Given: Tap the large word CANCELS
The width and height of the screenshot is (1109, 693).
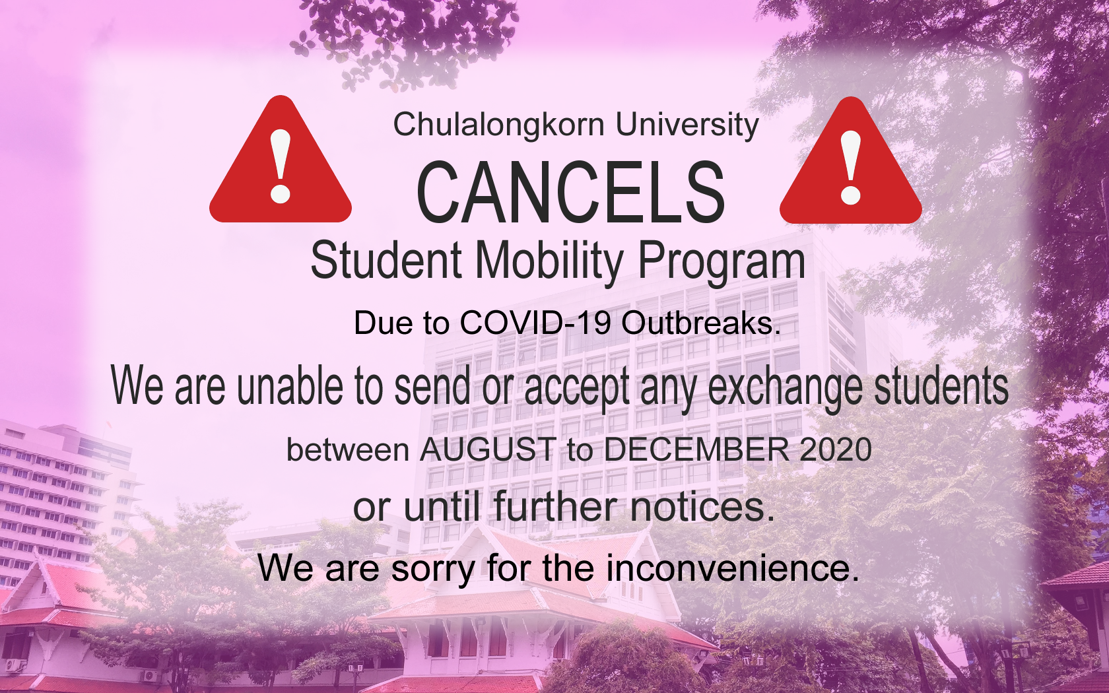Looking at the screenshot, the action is tap(571, 193).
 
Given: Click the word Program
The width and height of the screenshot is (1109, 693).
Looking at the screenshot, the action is tap(722, 263).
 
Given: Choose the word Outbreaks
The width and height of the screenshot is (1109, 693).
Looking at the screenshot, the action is tap(698, 323).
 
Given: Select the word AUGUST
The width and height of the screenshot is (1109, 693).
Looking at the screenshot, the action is tap(487, 449).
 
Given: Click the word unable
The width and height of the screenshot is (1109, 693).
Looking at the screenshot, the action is tap(290, 387).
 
